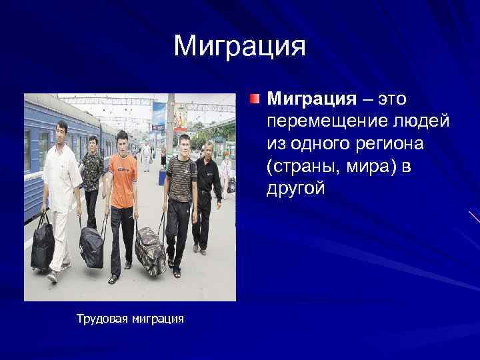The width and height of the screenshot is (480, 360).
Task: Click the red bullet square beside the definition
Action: (255, 100)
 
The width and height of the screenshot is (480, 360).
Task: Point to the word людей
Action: (419, 122)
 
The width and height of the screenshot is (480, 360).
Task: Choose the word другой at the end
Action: (296, 189)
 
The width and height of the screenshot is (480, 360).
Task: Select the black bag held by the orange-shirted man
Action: (92, 247)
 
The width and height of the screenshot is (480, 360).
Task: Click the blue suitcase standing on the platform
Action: (162, 177)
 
